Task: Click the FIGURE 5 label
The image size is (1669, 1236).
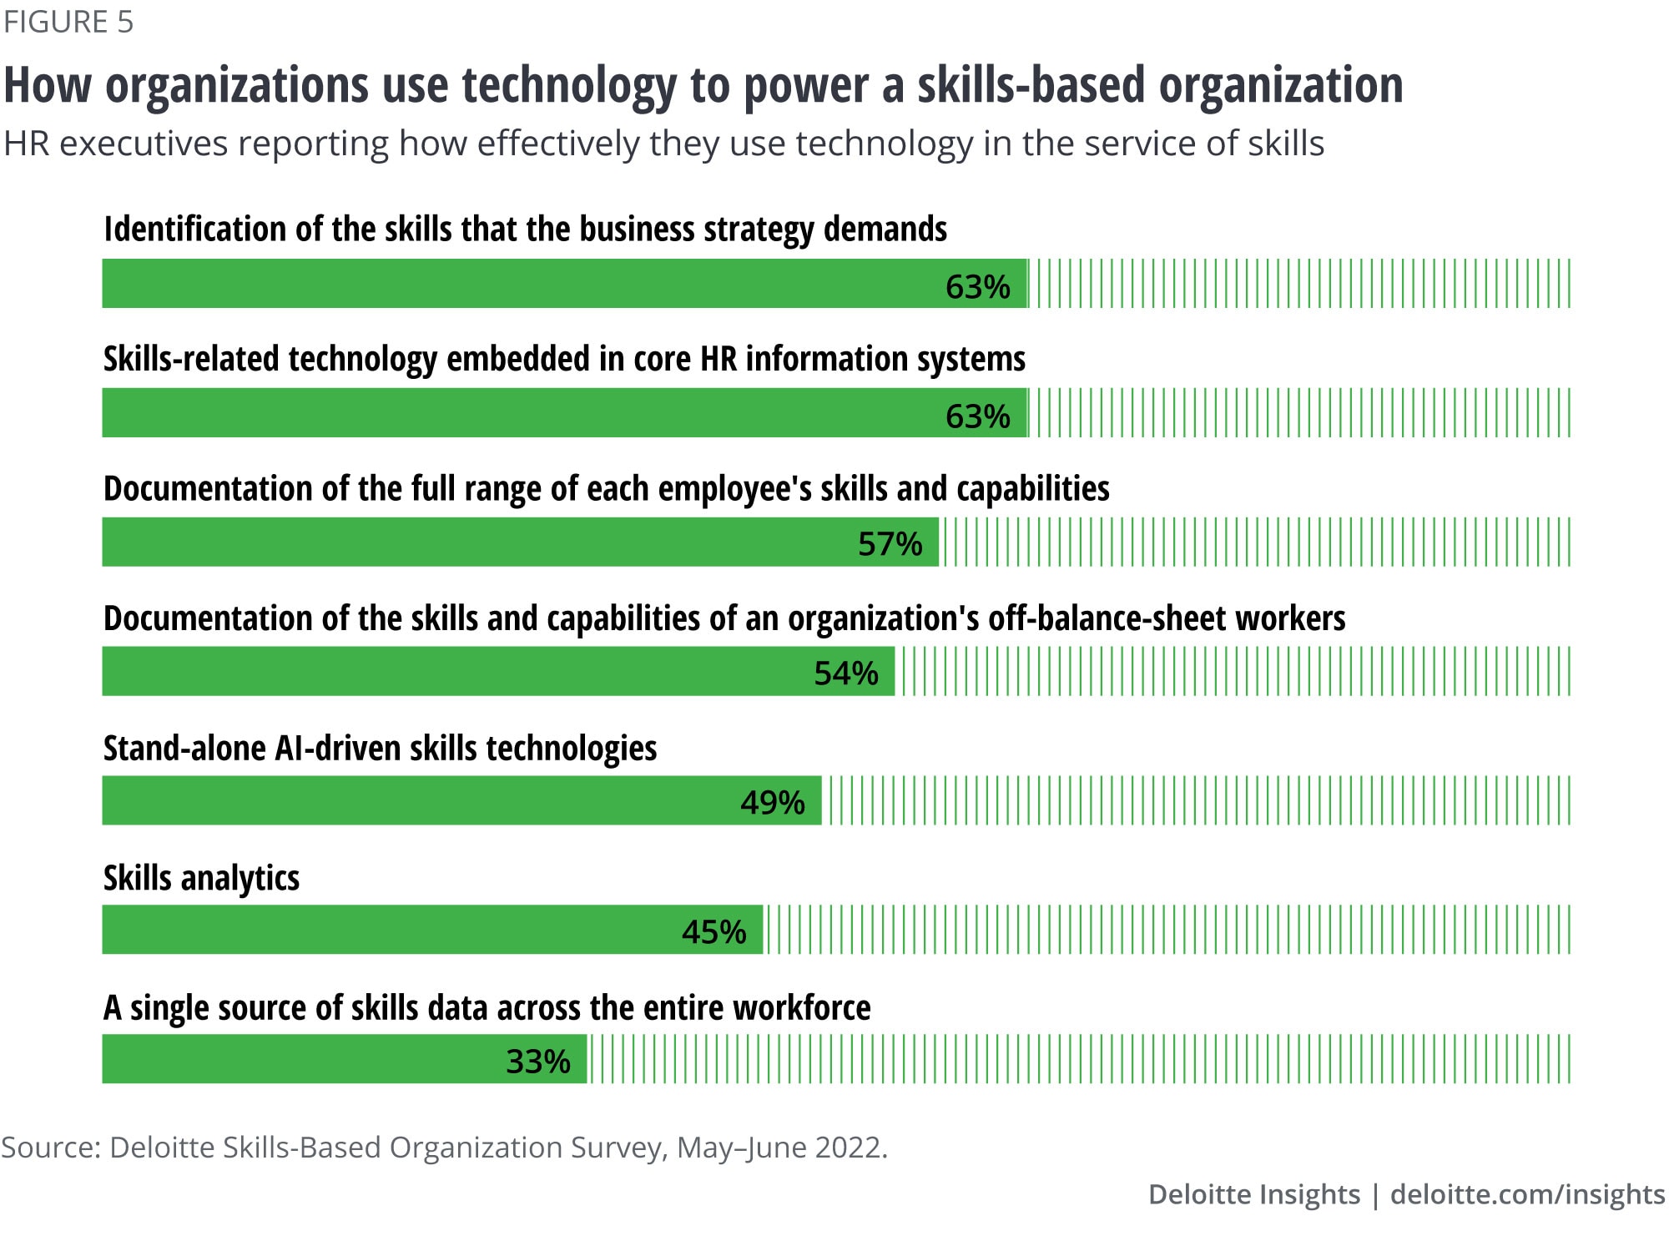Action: [68, 22]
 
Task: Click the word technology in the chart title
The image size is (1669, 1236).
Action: [569, 86]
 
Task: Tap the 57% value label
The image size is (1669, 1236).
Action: [890, 544]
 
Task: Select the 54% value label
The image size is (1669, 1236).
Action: [845, 673]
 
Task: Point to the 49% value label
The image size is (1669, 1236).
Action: [772, 803]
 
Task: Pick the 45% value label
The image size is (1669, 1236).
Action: [713, 932]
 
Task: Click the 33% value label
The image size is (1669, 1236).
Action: [537, 1062]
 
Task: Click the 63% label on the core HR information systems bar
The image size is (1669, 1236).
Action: [977, 416]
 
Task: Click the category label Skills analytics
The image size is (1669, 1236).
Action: [201, 879]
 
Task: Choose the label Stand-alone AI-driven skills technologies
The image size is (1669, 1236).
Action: [380, 749]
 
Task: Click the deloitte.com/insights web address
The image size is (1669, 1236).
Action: [1527, 1194]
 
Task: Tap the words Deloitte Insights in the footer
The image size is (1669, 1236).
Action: [1253, 1194]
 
